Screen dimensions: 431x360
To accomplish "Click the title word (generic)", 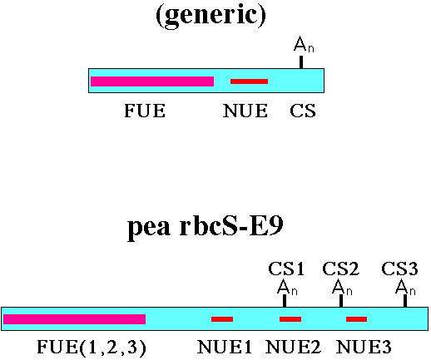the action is pyautogui.click(x=211, y=15).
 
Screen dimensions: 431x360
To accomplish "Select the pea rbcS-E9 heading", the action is pyautogui.click(x=206, y=228).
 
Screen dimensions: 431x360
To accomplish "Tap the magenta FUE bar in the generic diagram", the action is pyautogui.click(x=152, y=81).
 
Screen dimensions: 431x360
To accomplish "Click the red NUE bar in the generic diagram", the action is pyautogui.click(x=249, y=81).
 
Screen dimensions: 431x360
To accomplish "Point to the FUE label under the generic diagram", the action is pyautogui.click(x=145, y=111).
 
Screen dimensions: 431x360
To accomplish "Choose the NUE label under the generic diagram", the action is pyautogui.click(x=245, y=111).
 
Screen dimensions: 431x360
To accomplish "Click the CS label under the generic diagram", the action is pyautogui.click(x=303, y=111).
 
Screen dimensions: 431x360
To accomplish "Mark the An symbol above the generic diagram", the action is pyautogui.click(x=304, y=44).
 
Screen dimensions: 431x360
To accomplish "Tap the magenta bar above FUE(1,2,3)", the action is pyautogui.click(x=74, y=319).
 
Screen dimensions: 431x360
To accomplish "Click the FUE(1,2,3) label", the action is pyautogui.click(x=92, y=347).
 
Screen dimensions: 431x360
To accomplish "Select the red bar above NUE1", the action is pyautogui.click(x=222, y=319).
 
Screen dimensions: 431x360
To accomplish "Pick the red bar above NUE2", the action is pyautogui.click(x=290, y=319).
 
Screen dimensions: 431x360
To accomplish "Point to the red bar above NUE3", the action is pyautogui.click(x=356, y=319).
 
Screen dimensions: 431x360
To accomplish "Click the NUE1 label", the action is pyautogui.click(x=225, y=347).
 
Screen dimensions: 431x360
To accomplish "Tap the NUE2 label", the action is pyautogui.click(x=293, y=347).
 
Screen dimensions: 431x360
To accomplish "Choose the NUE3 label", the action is pyautogui.click(x=364, y=347).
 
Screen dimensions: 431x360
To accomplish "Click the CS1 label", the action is pyautogui.click(x=286, y=269).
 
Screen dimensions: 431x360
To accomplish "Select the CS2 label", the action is pyautogui.click(x=340, y=269).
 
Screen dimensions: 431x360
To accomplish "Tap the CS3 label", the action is pyautogui.click(x=399, y=269).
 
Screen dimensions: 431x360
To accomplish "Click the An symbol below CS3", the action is pyautogui.click(x=405, y=288).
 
